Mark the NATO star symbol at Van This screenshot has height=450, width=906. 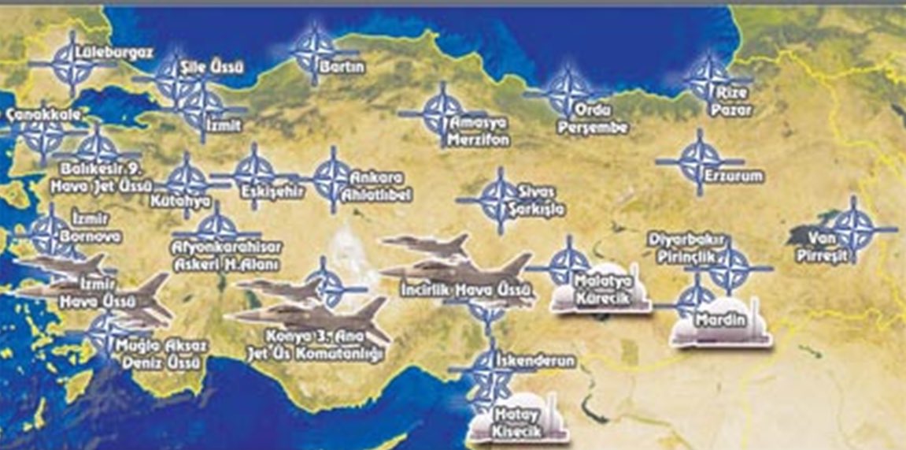[854, 229]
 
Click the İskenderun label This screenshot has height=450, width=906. [535, 361]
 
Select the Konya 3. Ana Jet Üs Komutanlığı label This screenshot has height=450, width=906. [324, 348]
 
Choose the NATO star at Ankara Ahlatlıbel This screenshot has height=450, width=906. [331, 179]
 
